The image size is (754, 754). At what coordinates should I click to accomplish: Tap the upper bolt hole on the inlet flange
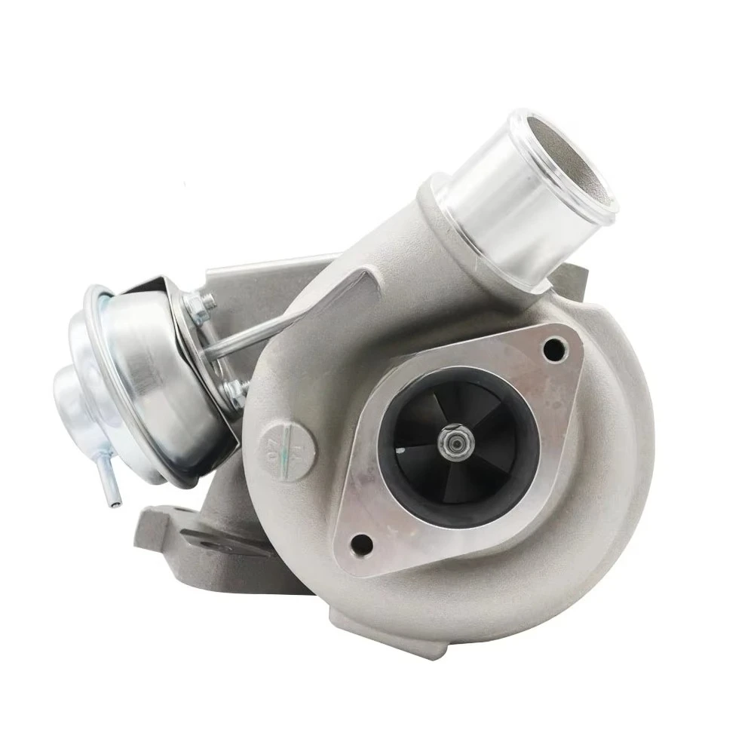[556, 348]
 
